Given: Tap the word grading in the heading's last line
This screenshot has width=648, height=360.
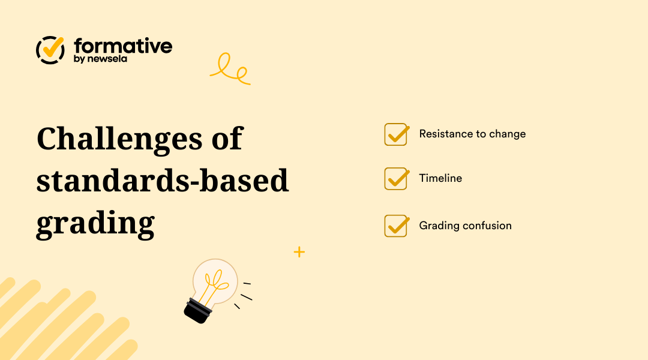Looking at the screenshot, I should tap(95, 223).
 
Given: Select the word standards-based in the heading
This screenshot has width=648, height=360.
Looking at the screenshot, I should tap(163, 181).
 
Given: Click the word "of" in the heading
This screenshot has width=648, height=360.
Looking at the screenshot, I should tap(227, 139).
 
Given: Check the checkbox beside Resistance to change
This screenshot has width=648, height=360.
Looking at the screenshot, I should tap(396, 134).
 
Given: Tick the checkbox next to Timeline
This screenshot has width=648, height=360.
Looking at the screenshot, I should tap(396, 179).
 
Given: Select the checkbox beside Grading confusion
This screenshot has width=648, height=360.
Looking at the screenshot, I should tap(396, 226).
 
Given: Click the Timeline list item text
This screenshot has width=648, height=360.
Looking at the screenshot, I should tap(440, 178).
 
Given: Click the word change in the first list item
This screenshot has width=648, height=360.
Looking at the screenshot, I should tap(507, 134).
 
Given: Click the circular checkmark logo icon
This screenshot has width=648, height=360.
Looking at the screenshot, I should tap(50, 50).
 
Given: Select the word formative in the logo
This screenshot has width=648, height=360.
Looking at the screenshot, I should tap(123, 46).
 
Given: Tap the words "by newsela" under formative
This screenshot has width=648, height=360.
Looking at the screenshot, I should tap(100, 59).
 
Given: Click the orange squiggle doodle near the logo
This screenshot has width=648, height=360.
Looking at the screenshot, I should tap(230, 70).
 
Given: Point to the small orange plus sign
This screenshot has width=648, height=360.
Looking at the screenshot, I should tap(299, 252).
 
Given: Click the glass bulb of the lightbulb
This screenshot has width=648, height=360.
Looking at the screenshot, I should tap(215, 280).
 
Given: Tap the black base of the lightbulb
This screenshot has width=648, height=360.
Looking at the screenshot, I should tap(197, 310).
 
